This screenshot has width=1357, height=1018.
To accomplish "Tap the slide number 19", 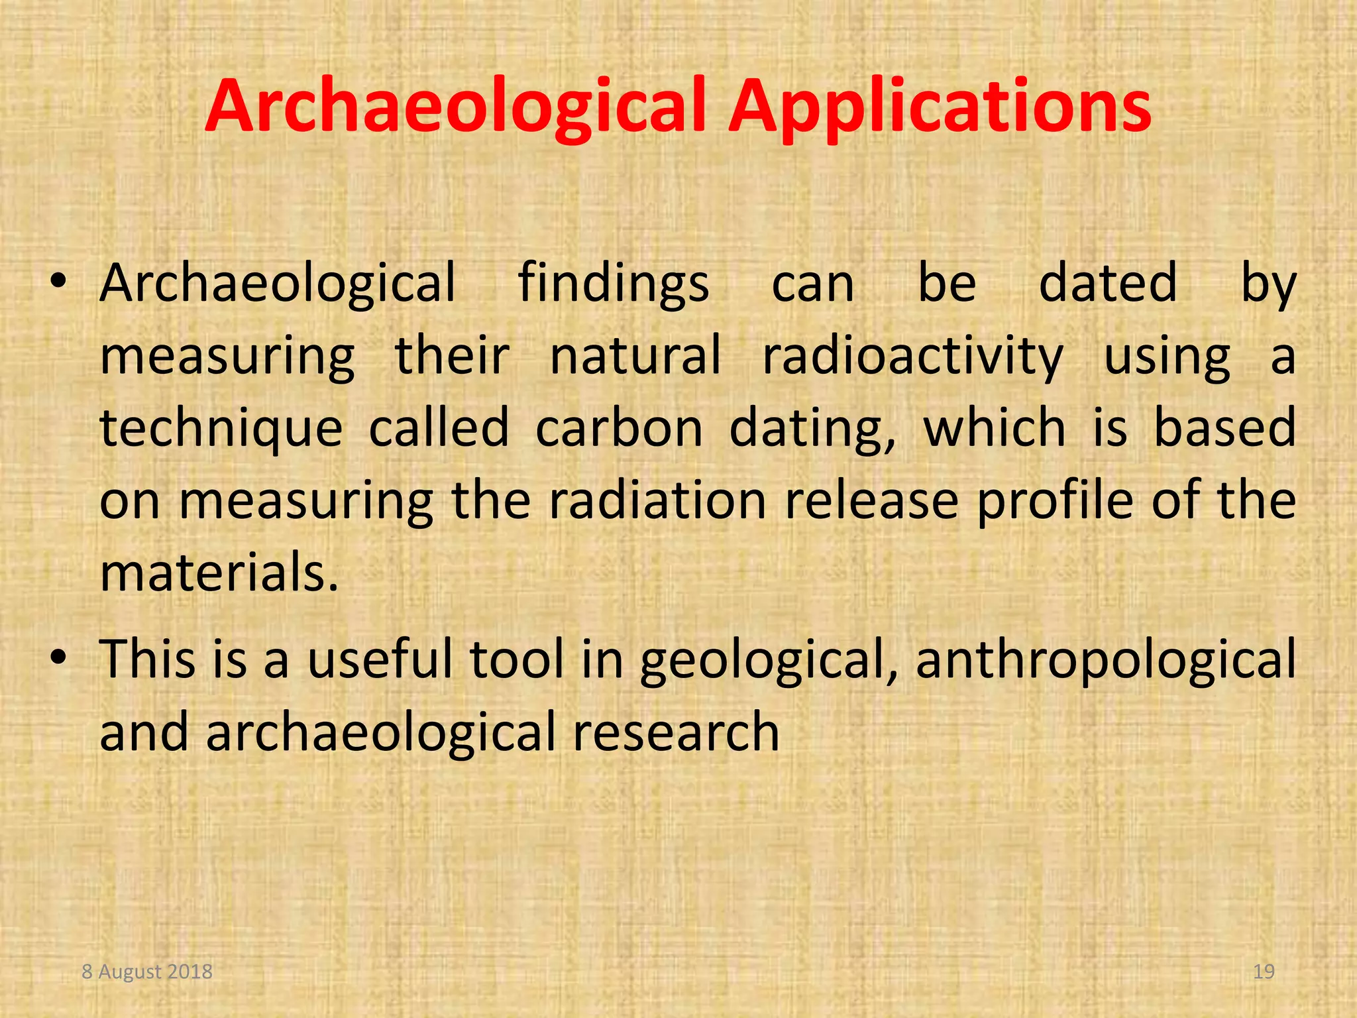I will point(1264,972).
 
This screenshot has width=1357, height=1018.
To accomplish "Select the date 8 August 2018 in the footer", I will point(147,972).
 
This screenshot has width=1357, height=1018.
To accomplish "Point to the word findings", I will point(613,284).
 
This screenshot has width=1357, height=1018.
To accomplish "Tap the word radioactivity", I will point(912,357).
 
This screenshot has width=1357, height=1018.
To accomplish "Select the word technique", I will point(221,429).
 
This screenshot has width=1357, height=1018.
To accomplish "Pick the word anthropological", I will point(1105,660).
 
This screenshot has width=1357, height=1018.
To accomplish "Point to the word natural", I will point(635,357).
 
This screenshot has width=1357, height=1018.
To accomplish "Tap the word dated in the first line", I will point(1108,284).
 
